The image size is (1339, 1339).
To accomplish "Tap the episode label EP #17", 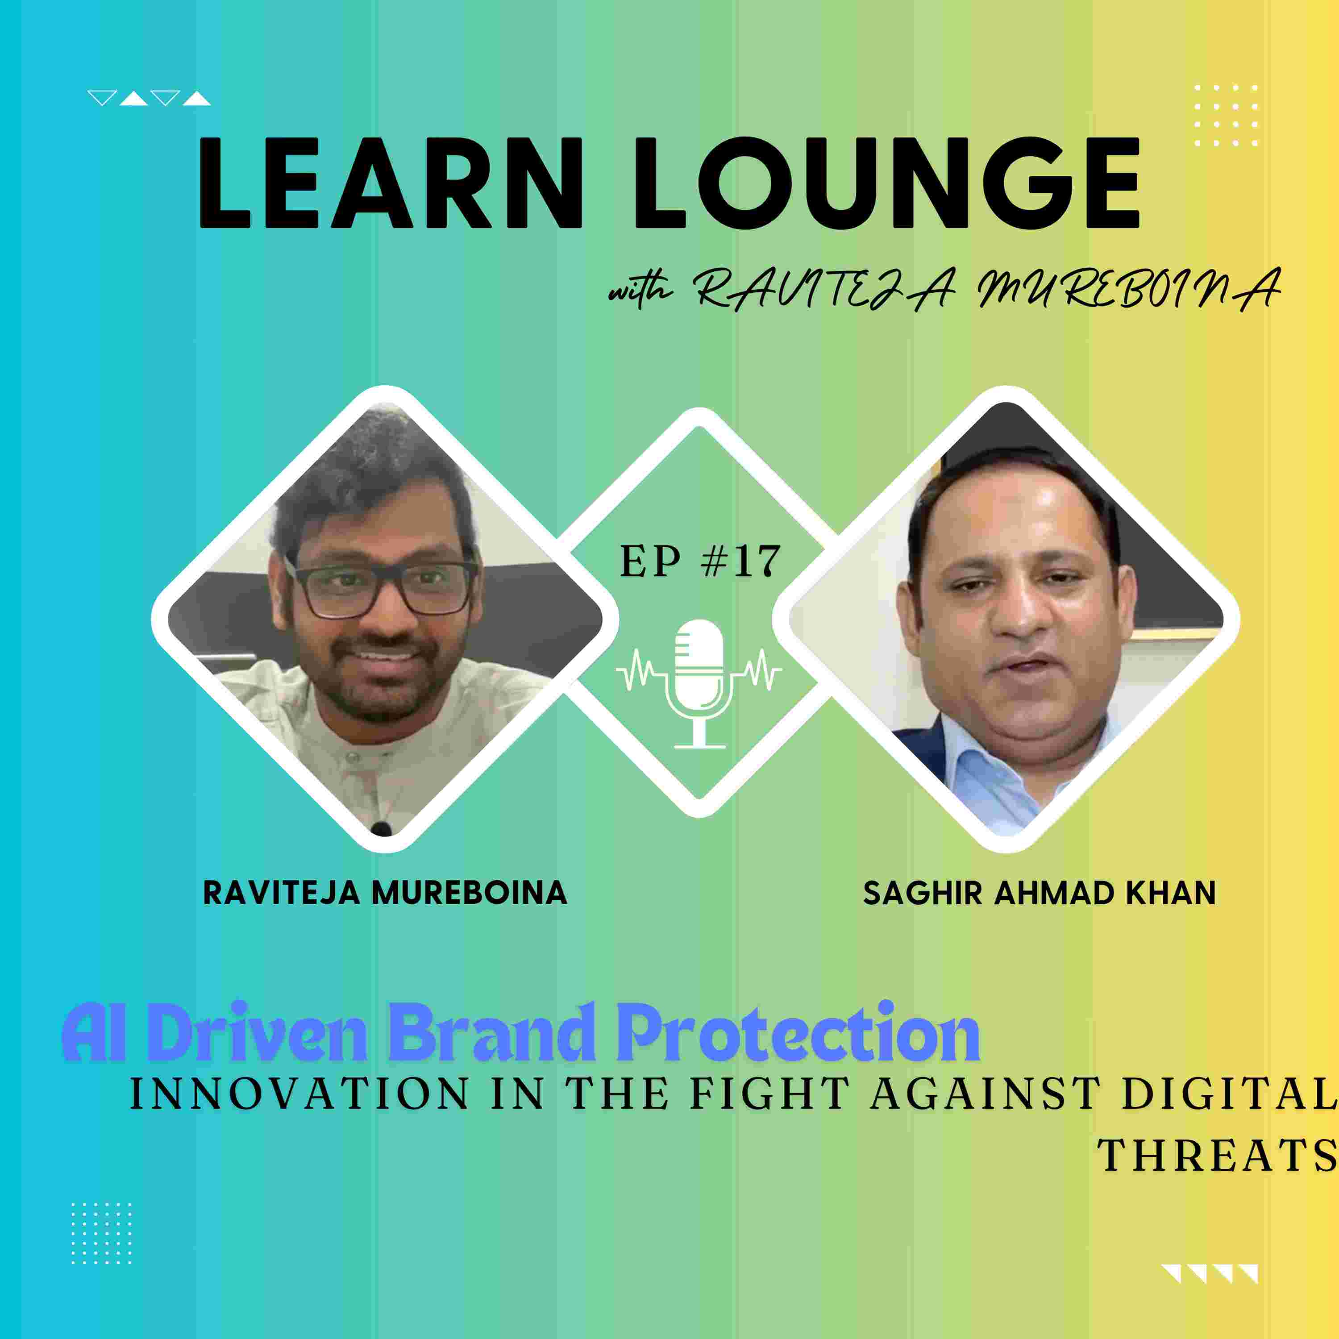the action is (x=700, y=561).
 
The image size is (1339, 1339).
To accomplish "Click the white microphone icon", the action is (x=699, y=683).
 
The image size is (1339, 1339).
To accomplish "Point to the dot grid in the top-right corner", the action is (x=1226, y=115).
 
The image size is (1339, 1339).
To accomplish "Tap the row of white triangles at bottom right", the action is (x=1210, y=1274).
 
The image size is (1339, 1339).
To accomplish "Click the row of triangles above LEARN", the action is (x=149, y=98).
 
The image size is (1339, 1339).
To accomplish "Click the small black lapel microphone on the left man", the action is (x=380, y=829).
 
